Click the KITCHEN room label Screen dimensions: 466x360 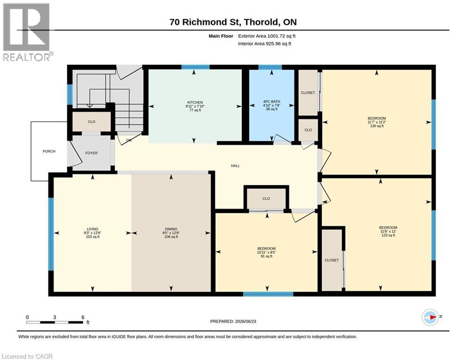point(195,102)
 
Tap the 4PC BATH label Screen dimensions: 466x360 point(272,101)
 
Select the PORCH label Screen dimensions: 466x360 point(49,151)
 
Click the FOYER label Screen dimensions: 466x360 point(91,153)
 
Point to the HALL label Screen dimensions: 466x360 point(236,166)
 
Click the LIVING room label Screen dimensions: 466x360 point(93,229)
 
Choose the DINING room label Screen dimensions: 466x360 point(171,229)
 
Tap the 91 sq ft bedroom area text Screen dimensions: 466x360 point(266,256)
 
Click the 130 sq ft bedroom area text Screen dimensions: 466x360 point(377,126)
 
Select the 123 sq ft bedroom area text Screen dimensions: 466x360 point(388,235)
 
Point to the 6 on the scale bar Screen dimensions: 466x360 point(83,317)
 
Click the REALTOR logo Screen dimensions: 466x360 point(27,32)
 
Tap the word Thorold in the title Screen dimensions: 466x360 point(262,22)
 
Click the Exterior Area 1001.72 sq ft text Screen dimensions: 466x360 point(266,36)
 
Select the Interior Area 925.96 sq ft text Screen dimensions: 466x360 point(265,44)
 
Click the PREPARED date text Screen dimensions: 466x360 point(233,321)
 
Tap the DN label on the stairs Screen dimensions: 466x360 point(129,140)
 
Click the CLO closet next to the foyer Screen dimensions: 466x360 point(91,121)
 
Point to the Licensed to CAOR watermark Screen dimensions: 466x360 point(27,356)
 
